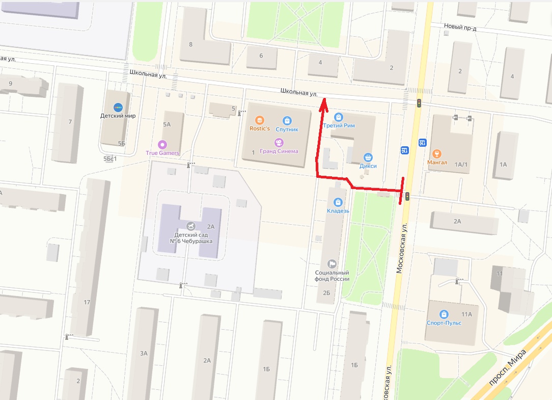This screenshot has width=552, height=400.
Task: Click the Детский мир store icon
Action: (x=118, y=107)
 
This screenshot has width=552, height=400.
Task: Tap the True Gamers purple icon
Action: (x=162, y=144)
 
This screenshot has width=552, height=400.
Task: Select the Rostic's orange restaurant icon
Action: (x=260, y=120)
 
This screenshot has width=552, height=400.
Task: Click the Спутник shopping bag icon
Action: (x=287, y=121)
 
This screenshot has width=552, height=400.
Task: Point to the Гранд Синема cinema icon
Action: (x=279, y=143)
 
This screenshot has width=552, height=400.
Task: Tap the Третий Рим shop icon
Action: (x=339, y=117)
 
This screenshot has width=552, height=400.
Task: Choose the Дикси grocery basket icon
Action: (x=368, y=157)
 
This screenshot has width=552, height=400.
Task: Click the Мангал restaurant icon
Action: (x=436, y=154)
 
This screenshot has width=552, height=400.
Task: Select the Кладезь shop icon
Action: (x=338, y=202)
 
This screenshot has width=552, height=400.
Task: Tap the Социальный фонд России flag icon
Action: (x=332, y=263)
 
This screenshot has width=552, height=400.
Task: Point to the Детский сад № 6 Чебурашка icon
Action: (x=190, y=225)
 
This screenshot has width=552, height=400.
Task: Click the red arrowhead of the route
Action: (x=323, y=105)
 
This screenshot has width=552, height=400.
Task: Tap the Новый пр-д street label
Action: (x=460, y=28)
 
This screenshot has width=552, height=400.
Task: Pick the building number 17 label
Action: (x=87, y=303)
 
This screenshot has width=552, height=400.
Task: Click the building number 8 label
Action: (x=191, y=44)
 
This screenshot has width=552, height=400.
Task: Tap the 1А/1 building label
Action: (x=461, y=164)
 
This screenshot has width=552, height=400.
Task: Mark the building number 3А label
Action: (x=144, y=353)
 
